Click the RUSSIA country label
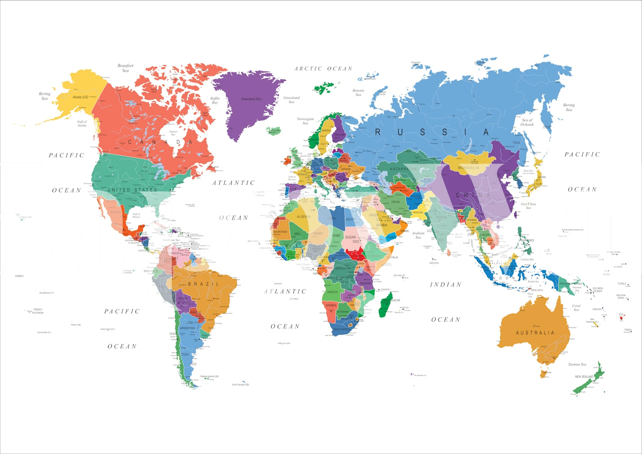[x=431, y=132]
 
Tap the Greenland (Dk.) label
[x=251, y=99]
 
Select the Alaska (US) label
[x=81, y=97]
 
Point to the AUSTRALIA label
[x=535, y=333]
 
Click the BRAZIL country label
[x=203, y=284]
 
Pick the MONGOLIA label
[x=468, y=168]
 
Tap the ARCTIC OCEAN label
[x=323, y=69]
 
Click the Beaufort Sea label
[x=125, y=68]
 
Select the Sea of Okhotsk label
[x=527, y=122]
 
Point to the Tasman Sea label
[x=577, y=364]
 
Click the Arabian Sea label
[x=418, y=235]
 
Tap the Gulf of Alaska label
[x=82, y=123]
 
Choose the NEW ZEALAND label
[x=584, y=377]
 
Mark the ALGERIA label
[x=303, y=217]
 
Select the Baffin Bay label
[x=215, y=100]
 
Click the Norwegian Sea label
[x=305, y=121]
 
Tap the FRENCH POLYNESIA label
[x=38, y=311]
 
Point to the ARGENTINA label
[x=187, y=328]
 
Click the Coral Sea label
[x=576, y=308]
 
